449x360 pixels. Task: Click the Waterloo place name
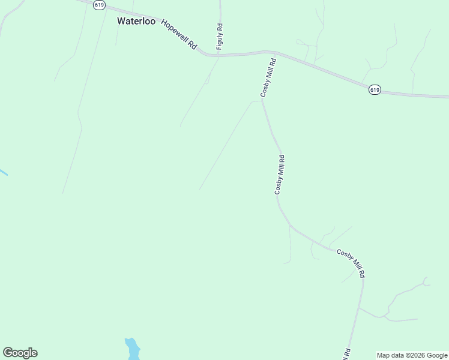coord(136,21)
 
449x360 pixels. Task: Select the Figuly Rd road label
coord(220,37)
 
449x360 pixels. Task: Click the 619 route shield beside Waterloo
coord(99,4)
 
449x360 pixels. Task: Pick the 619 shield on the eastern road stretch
coord(375,89)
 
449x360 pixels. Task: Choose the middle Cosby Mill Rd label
coord(280,174)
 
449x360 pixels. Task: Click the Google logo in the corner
coord(20,353)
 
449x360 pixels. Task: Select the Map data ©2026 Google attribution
coord(412,355)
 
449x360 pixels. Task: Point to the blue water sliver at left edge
coord(3,173)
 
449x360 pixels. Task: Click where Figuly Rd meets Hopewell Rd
coord(219,55)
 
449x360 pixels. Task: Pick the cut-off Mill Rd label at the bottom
coord(347,354)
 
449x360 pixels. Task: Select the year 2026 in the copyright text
coord(417,355)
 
